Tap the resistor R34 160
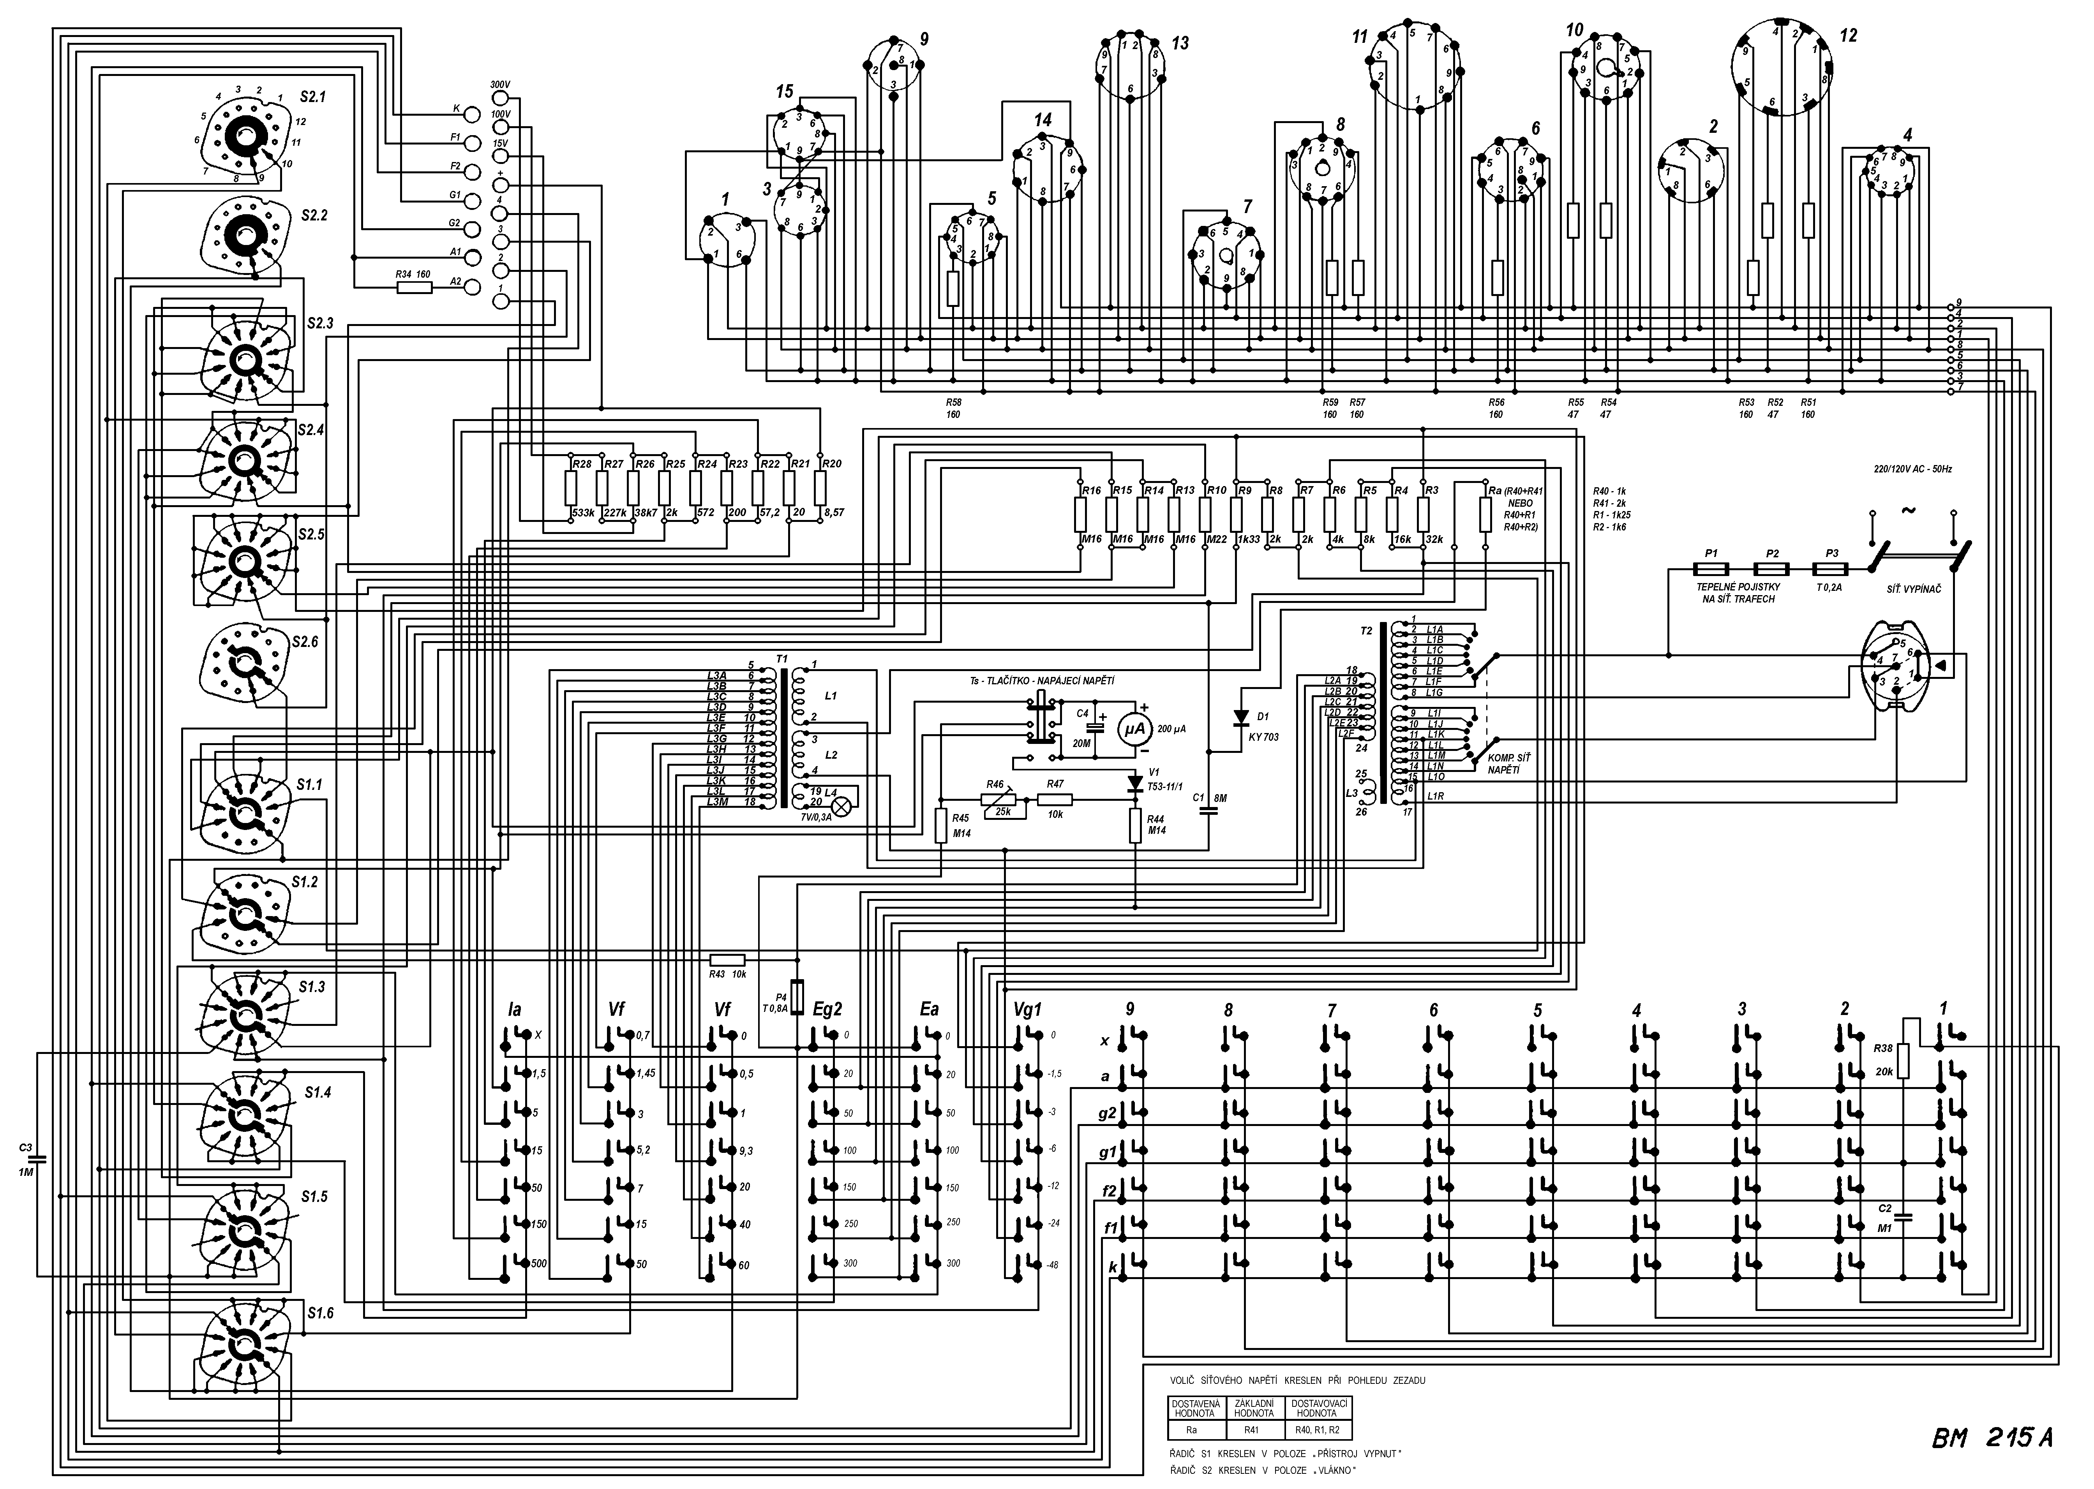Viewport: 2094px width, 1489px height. click(414, 287)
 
